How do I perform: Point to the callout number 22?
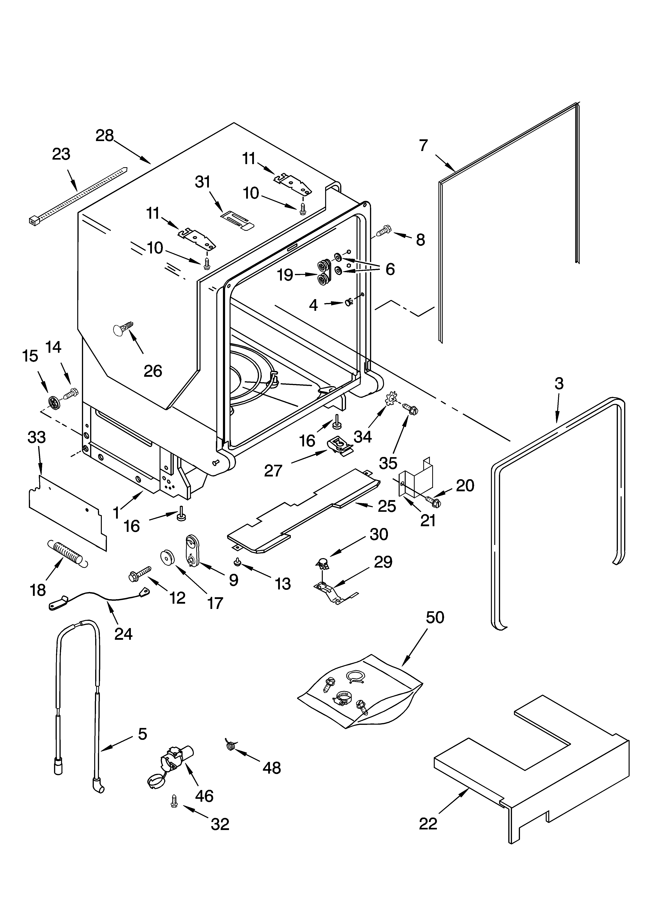pos(428,824)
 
